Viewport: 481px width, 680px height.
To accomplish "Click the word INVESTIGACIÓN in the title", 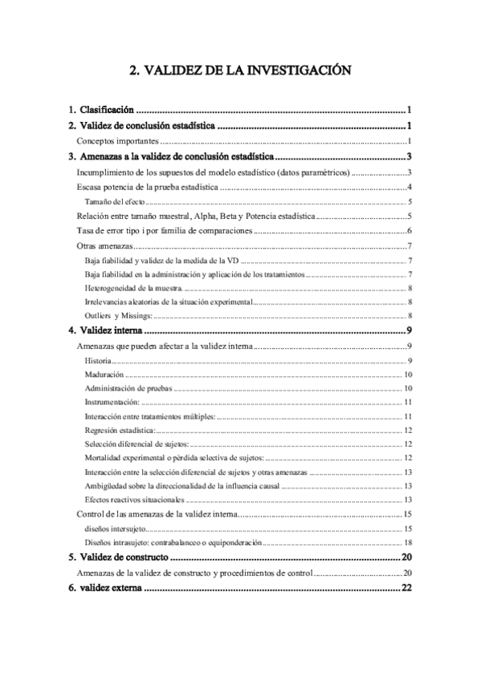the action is pos(298,71).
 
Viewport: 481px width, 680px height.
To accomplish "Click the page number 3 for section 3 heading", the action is pos(409,157).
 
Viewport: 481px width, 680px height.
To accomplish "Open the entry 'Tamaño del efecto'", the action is pos(114,201).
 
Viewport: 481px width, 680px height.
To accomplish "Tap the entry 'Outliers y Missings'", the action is pos(114,316).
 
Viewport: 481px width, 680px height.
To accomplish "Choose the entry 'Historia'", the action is pos(98,362).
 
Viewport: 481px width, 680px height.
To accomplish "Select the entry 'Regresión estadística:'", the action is pos(120,431).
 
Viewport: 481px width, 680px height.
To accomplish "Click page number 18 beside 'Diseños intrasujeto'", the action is pos(408,542).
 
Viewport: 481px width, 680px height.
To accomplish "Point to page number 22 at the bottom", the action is pos(406,589).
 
